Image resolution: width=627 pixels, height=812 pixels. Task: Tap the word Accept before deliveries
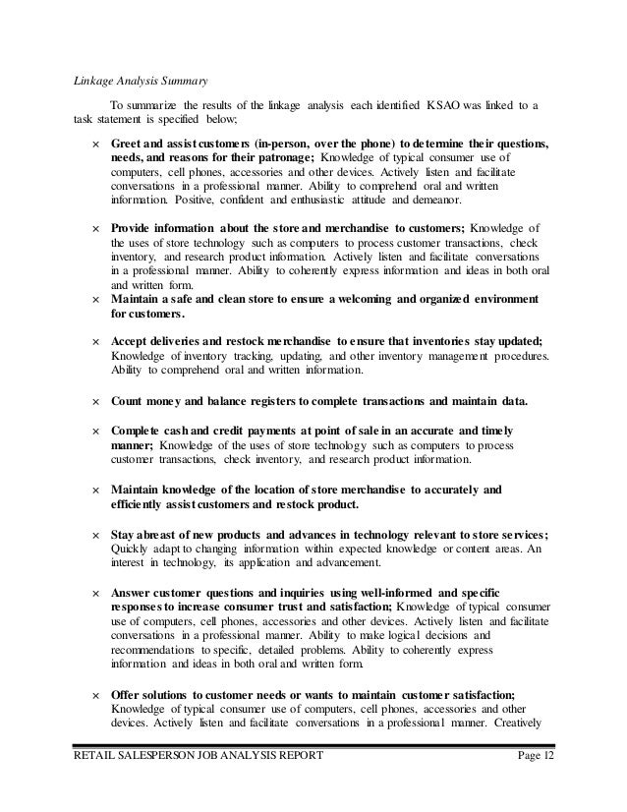(x=133, y=340)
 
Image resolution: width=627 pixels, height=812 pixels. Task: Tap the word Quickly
(x=134, y=549)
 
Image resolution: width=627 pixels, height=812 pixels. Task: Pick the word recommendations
(x=155, y=649)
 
